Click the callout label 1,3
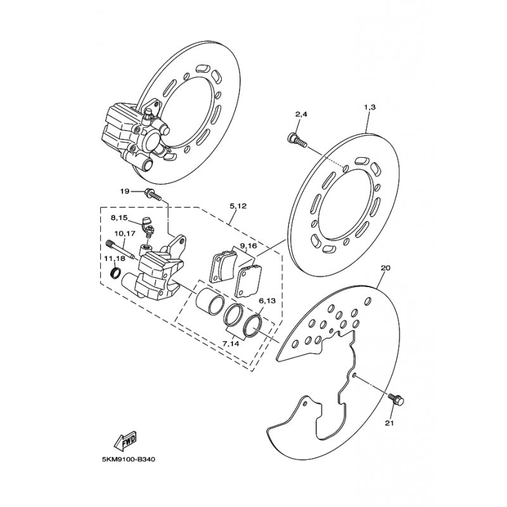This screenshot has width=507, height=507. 370,108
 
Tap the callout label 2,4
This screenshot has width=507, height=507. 301,114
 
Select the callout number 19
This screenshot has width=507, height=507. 125,191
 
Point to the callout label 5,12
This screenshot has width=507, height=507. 238,205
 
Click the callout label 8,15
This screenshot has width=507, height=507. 119,218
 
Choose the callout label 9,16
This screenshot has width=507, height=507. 248,246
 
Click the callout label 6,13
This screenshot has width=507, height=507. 267,301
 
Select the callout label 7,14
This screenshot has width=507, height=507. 231,343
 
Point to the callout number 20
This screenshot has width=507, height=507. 386,268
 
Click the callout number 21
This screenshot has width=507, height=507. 390,423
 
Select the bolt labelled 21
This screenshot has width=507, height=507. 396,399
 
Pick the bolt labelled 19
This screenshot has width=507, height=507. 153,194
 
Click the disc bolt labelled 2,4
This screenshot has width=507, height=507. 297,140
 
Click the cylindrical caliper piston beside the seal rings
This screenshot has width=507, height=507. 210,301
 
